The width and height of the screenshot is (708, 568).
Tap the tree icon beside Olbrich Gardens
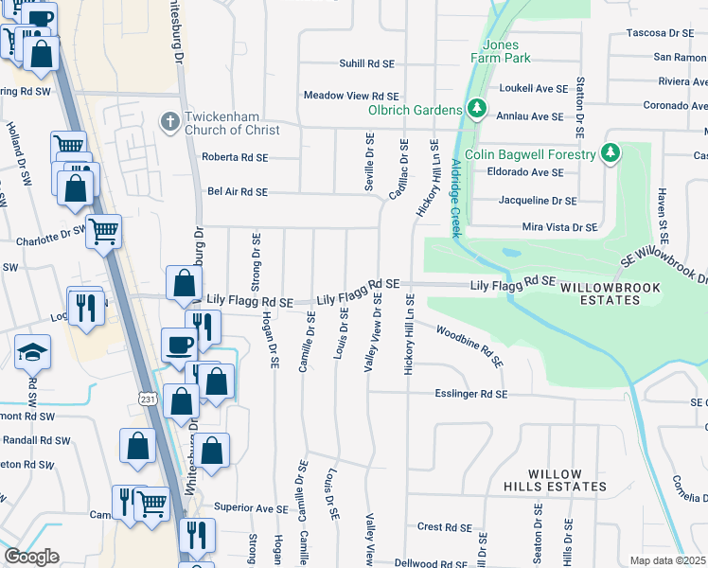(476, 110)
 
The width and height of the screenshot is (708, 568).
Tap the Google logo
(31, 557)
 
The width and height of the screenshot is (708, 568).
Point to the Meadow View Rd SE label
(351, 96)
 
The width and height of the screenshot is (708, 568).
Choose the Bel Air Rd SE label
(238, 191)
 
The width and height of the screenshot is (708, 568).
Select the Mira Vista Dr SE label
(560, 227)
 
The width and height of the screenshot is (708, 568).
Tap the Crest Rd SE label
(444, 527)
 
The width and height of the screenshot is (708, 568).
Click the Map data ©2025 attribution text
(667, 560)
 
